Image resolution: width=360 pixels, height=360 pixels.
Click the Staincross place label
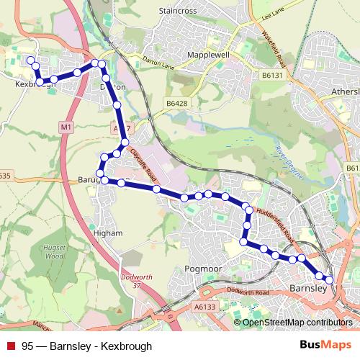(178, 12)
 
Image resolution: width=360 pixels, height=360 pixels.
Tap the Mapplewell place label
(207, 55)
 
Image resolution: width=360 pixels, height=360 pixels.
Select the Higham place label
(108, 233)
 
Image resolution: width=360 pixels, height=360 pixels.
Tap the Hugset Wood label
(55, 251)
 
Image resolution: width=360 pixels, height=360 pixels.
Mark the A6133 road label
(204, 307)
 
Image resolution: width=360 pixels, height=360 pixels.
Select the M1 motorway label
(66, 127)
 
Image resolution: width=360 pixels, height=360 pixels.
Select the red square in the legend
(11, 346)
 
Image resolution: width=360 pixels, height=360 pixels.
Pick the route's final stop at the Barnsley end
(329, 279)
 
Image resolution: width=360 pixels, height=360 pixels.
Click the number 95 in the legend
(27, 346)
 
